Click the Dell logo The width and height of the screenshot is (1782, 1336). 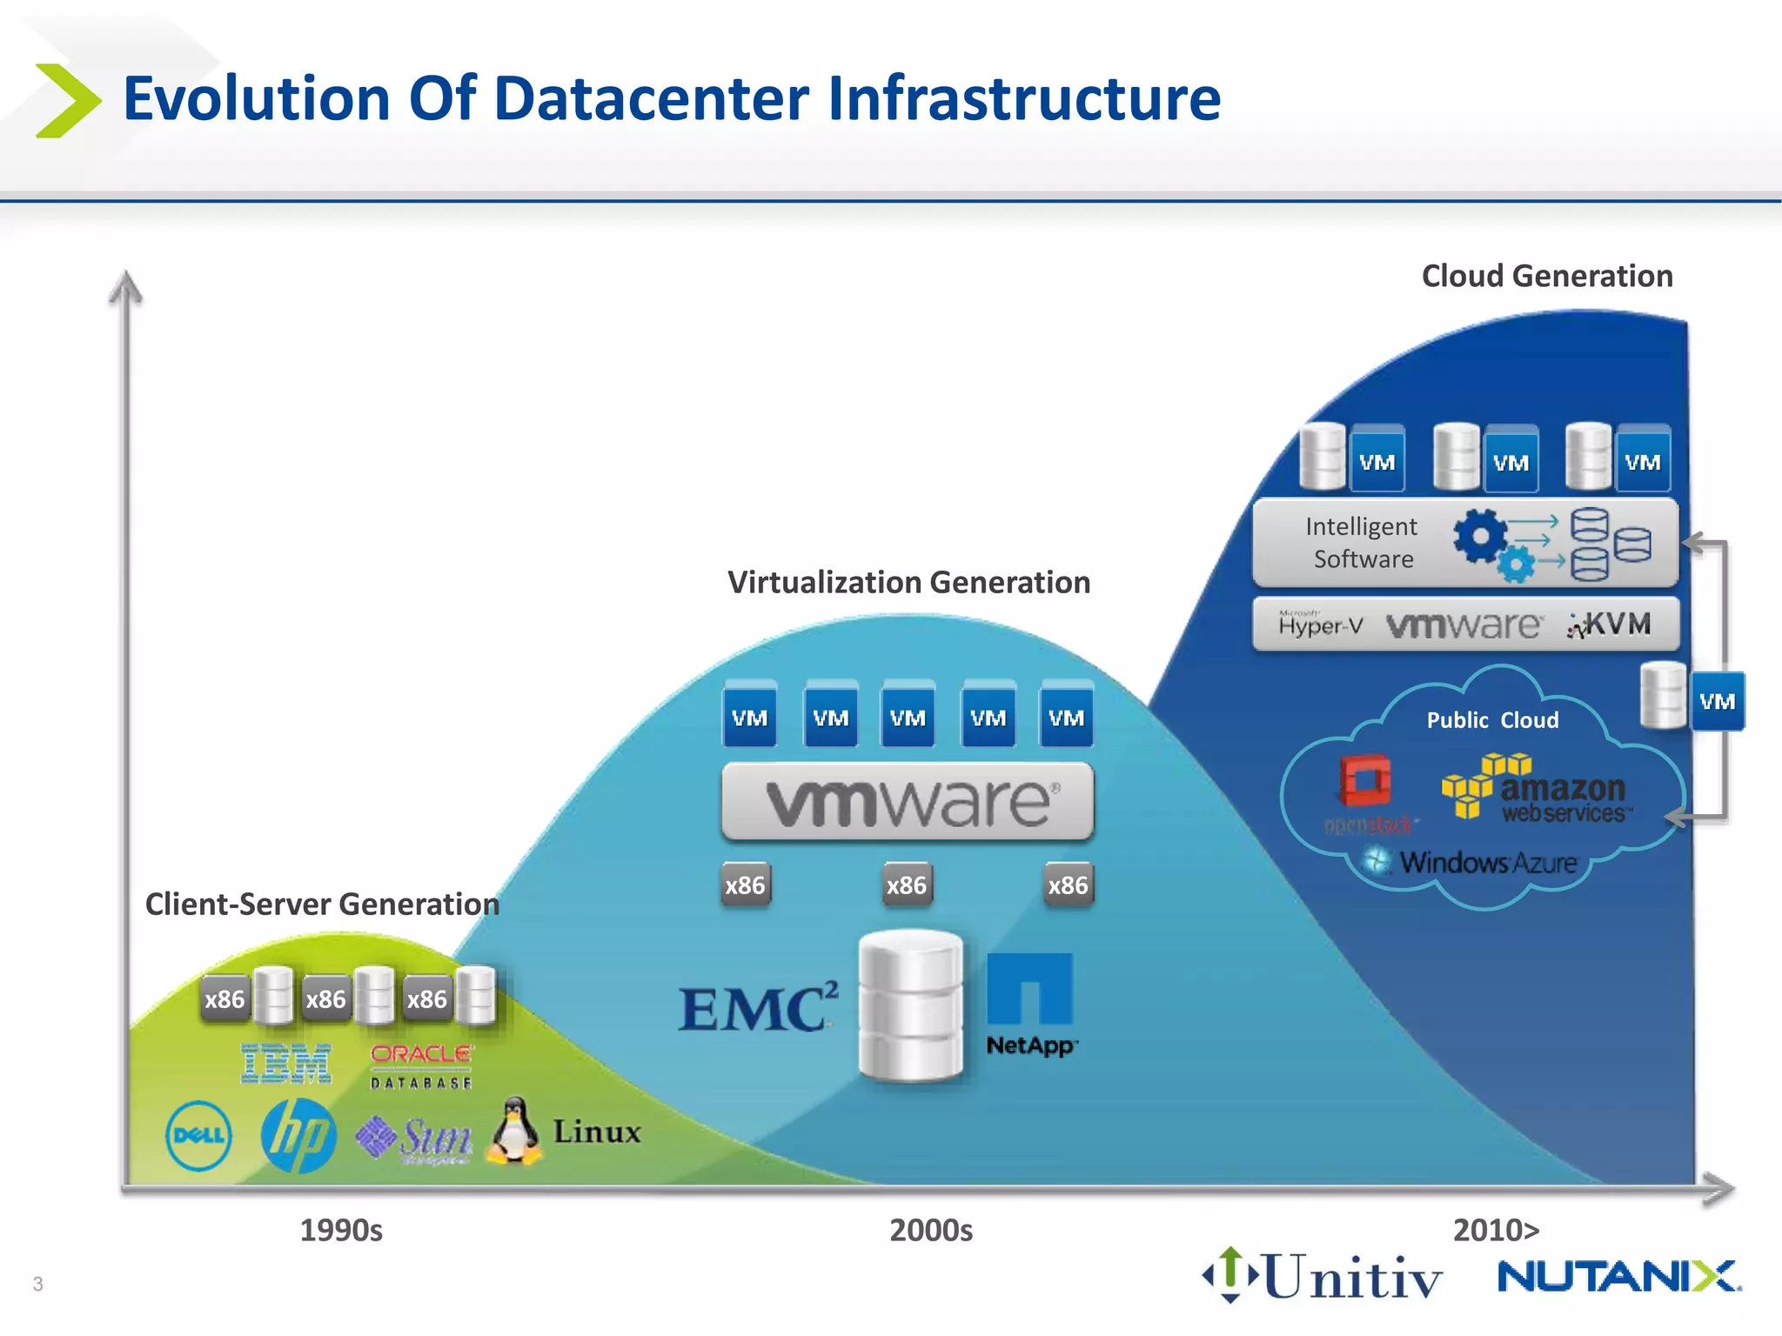[198, 1136]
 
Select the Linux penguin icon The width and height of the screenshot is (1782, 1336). [514, 1131]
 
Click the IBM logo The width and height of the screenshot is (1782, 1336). [286, 1064]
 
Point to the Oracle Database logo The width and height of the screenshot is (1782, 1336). [421, 1066]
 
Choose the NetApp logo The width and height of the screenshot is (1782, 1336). [1030, 1005]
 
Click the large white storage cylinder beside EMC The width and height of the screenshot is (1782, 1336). [910, 1005]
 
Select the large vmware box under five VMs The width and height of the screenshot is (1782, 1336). [907, 801]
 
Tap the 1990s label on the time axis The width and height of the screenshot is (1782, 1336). [341, 1230]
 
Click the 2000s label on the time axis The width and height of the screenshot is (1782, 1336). [930, 1230]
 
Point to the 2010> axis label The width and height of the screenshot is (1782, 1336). [1496, 1230]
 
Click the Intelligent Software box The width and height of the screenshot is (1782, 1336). [1464, 543]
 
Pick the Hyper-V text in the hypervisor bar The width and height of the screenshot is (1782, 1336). [1320, 625]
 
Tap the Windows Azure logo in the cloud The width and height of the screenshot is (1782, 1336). [1470, 863]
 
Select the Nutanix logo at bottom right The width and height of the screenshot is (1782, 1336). [1618, 1277]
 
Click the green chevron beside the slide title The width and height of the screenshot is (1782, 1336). [67, 100]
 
